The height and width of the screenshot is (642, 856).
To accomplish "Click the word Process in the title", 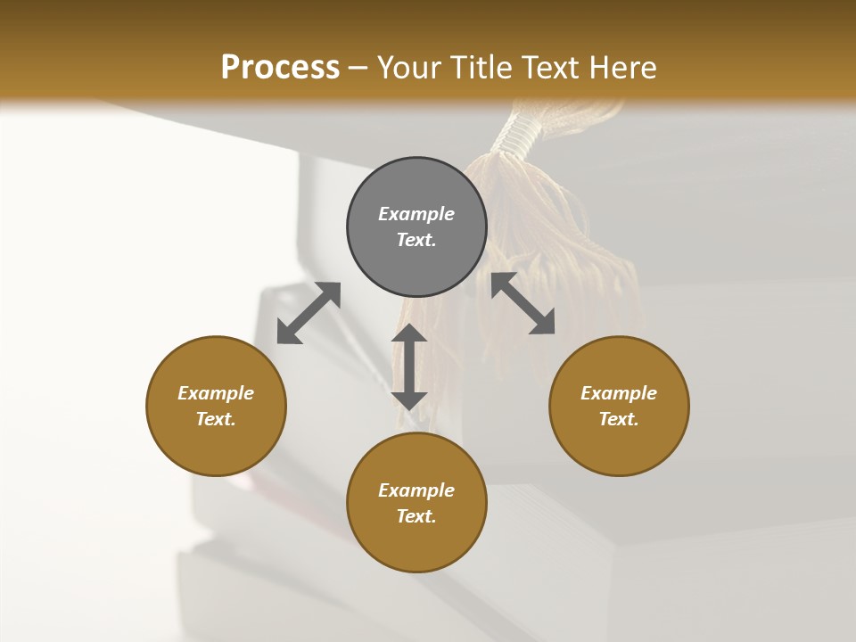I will point(280,67).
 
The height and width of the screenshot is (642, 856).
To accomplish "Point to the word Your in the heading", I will point(410,67).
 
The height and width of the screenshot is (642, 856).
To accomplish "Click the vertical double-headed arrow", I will point(409,366).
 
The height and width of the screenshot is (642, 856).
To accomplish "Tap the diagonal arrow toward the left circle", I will point(309,313).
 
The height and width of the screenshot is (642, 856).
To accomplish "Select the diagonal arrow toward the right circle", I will point(523,304).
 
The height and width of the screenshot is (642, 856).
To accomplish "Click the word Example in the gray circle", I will point(416,214).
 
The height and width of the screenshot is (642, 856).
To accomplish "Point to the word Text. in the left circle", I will point(216,419).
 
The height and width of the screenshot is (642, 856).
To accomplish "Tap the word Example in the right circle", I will point(619,393).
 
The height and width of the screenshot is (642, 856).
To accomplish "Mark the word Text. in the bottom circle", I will point(416,516).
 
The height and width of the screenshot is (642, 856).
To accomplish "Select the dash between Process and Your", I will point(358,68).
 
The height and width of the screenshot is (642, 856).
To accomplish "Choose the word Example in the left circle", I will point(216,393).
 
